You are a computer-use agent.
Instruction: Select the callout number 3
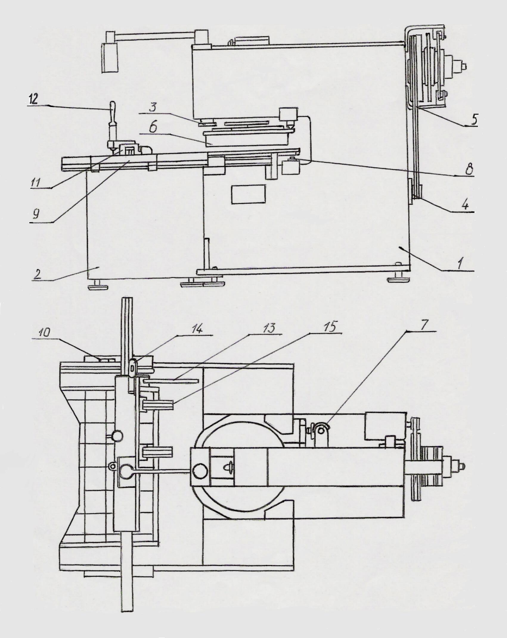153,107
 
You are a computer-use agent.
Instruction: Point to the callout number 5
472,119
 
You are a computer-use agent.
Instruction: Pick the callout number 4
465,205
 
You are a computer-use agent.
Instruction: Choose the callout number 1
460,264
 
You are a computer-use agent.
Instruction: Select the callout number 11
35,183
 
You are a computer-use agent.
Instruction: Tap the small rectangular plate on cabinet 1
249,194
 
